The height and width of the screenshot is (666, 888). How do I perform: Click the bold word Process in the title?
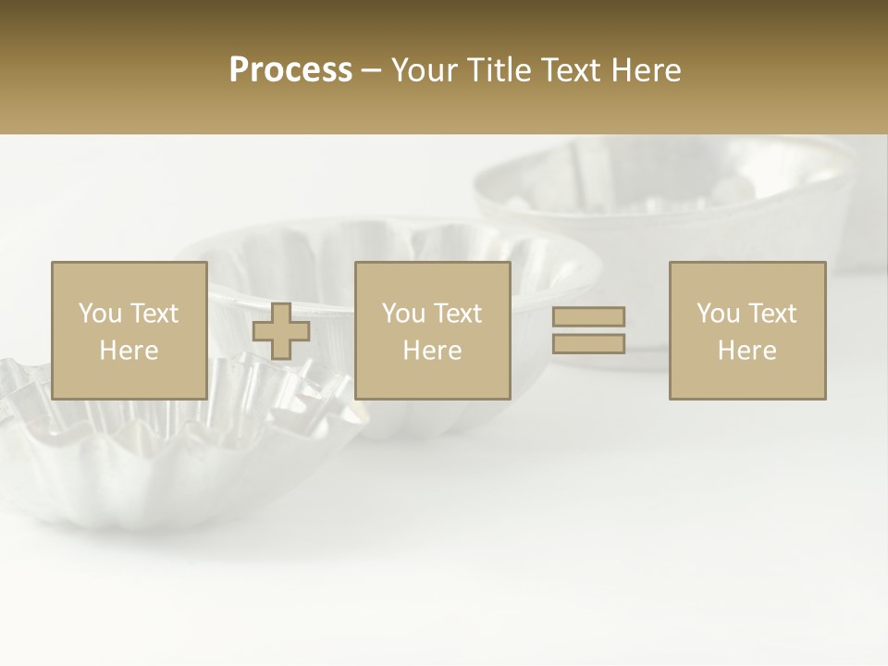click(290, 70)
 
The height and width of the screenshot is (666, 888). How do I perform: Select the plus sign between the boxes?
click(281, 331)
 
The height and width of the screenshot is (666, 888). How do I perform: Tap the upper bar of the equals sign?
click(588, 316)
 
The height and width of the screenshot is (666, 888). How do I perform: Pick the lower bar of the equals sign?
click(588, 343)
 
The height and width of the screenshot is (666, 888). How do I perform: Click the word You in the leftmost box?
click(100, 314)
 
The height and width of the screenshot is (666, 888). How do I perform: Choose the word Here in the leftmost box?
click(129, 351)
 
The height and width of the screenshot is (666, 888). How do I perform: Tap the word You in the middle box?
click(403, 314)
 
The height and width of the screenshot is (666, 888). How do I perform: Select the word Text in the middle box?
click(457, 314)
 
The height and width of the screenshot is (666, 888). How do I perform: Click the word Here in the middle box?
click(433, 351)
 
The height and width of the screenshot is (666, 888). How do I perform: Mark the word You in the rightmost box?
click(718, 314)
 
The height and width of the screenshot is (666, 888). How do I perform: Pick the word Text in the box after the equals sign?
click(771, 314)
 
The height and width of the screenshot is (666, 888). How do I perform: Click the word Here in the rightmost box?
click(747, 351)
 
